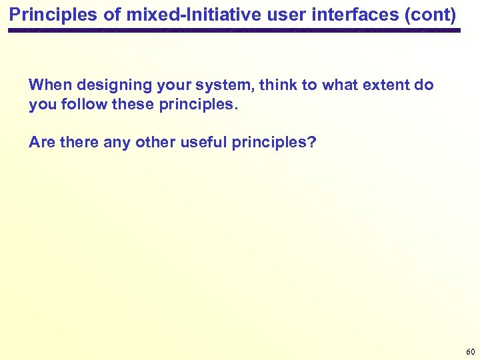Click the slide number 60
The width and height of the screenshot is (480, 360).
click(x=471, y=351)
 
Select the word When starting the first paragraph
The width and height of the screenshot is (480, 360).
click(x=51, y=85)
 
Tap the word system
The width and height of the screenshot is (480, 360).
click(x=224, y=85)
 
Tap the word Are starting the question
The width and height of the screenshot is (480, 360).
click(x=41, y=142)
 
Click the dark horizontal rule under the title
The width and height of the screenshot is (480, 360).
click(x=233, y=31)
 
